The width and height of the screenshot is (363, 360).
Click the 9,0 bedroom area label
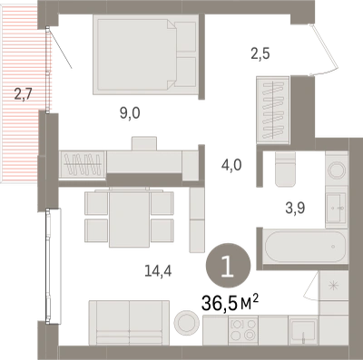click(x=129, y=114)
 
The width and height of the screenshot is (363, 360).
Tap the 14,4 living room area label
click(x=158, y=271)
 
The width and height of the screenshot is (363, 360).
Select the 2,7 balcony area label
click(x=23, y=95)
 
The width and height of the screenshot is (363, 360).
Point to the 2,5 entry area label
click(x=260, y=54)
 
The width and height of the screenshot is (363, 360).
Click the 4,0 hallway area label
click(x=231, y=166)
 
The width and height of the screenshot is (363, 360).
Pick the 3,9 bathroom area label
click(x=295, y=209)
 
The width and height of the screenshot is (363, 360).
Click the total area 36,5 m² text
click(x=230, y=303)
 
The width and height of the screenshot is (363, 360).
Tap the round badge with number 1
click(x=228, y=266)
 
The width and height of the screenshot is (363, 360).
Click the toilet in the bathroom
click(x=285, y=169)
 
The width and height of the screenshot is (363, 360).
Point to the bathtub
click(x=305, y=247)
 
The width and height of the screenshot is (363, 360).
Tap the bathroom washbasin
click(x=336, y=207)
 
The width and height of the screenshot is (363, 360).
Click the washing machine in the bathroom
click(x=337, y=171)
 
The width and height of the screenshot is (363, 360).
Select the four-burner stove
click(x=243, y=329)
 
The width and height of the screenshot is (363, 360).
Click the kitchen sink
click(x=303, y=330)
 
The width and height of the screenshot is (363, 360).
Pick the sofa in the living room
click(x=129, y=323)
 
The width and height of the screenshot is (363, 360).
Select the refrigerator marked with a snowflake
click(x=334, y=286)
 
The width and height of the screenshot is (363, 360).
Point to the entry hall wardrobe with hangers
click(x=273, y=110)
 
